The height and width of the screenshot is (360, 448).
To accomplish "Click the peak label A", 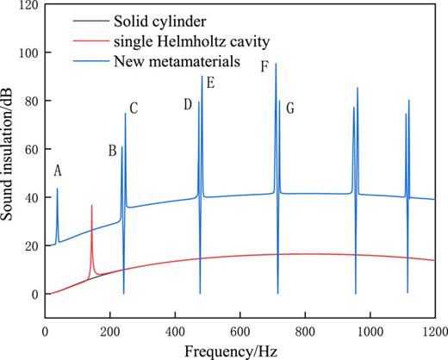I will pyautogui.click(x=57, y=170).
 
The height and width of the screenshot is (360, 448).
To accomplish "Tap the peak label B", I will pyautogui.click(x=112, y=150).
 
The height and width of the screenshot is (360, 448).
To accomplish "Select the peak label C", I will pyautogui.click(x=134, y=108).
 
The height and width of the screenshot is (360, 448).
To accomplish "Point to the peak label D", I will pyautogui.click(x=187, y=105).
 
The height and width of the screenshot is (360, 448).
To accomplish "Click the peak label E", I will pyautogui.click(x=210, y=84).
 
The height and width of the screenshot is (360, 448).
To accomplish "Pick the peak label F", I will pyautogui.click(x=265, y=65).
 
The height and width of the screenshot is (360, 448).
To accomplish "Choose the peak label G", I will pyautogui.click(x=290, y=109).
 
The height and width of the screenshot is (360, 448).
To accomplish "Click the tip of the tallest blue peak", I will pyautogui.click(x=276, y=64).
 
